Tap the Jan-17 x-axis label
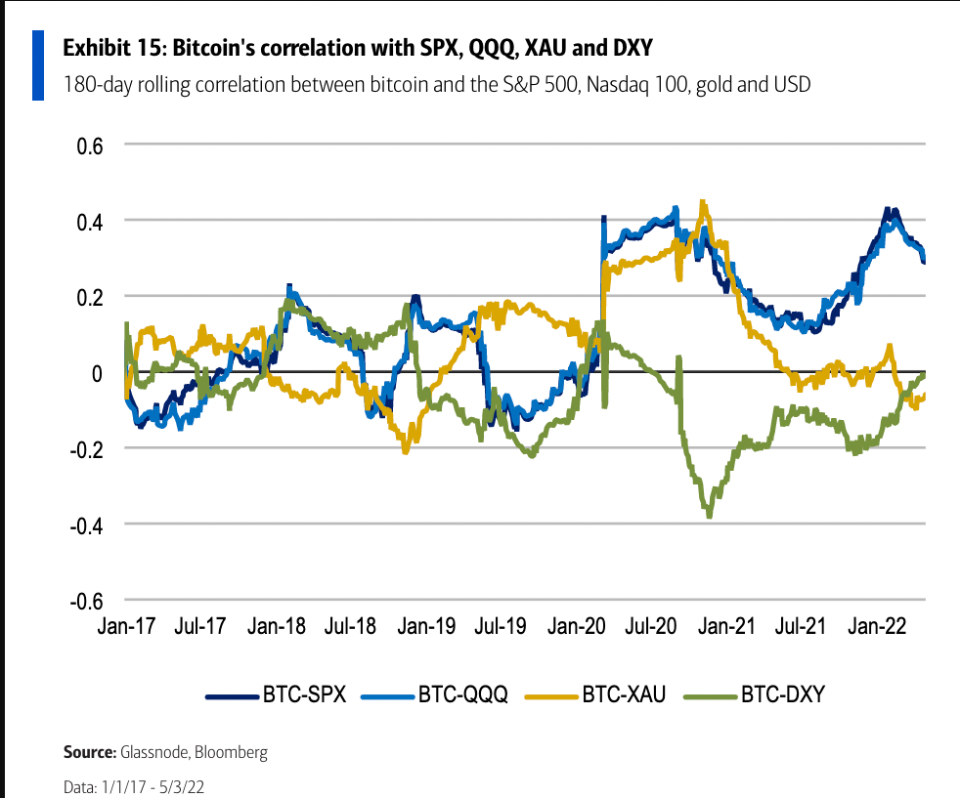click(x=126, y=625)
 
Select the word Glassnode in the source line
click(x=153, y=753)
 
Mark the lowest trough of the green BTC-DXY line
click(x=709, y=516)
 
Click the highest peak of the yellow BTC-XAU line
click(x=702, y=201)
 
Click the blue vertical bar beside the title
click(x=38, y=64)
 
